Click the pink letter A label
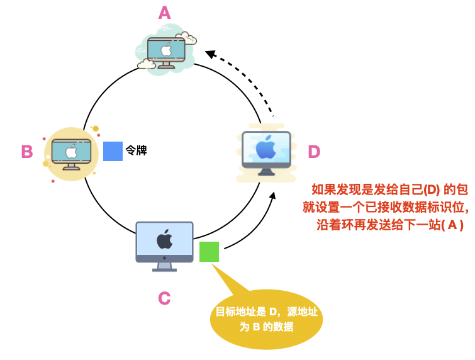(164, 13)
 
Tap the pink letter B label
(27, 152)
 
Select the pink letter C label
(164, 298)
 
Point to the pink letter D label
(313, 152)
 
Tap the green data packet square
(209, 252)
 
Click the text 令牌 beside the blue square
(136, 151)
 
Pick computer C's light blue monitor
(164, 240)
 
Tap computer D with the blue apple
(266, 152)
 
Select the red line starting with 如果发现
(390, 189)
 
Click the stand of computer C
(164, 265)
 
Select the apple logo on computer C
(164, 239)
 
